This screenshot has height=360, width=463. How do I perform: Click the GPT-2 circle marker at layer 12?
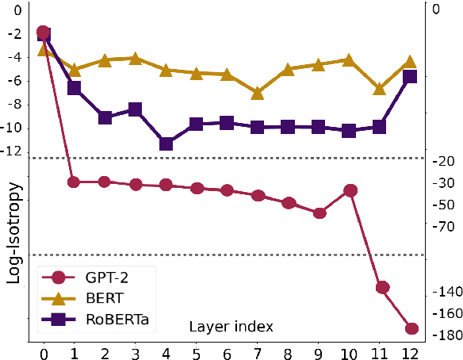point(411,328)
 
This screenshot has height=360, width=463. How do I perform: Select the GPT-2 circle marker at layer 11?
point(381,287)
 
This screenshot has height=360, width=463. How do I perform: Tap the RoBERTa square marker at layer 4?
point(166,144)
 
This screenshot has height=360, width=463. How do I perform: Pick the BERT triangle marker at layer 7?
point(258,93)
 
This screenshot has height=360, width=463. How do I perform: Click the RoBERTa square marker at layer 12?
point(411,77)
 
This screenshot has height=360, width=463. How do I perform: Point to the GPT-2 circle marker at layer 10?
point(350,190)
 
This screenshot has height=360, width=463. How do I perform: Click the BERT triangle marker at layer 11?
point(381,89)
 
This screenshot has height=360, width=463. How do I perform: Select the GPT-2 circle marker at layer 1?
point(75,182)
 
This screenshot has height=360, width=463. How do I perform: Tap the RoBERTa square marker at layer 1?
point(75,87)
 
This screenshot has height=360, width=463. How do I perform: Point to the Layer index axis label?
point(231,326)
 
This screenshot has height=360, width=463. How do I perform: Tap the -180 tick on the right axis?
point(442,335)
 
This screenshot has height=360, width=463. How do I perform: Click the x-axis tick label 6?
point(228,352)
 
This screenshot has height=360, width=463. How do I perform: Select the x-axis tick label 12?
point(411,352)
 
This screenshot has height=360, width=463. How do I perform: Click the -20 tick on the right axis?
point(442,162)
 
